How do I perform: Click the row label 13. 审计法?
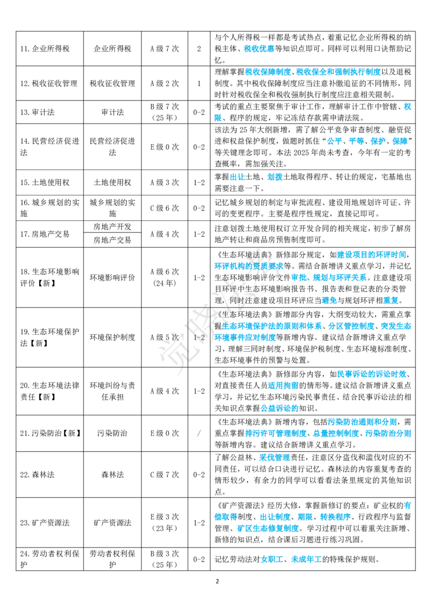(x=38, y=112)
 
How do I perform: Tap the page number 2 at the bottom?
(x=217, y=581)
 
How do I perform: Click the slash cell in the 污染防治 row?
(x=198, y=433)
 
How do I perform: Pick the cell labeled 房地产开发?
(x=112, y=227)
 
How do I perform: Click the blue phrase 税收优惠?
(x=259, y=49)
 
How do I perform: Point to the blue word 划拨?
(x=275, y=177)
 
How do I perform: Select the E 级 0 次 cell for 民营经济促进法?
(x=165, y=147)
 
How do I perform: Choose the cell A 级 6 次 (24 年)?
(x=165, y=278)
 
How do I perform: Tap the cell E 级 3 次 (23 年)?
(x=165, y=522)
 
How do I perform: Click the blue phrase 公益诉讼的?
(x=279, y=408)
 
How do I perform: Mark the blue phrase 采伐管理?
(x=275, y=457)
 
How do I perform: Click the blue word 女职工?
(x=272, y=559)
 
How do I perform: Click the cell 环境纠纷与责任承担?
(x=112, y=391)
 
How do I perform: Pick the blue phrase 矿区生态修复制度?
(x=268, y=528)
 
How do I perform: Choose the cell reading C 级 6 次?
(x=165, y=208)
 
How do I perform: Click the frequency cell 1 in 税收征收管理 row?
(x=198, y=83)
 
